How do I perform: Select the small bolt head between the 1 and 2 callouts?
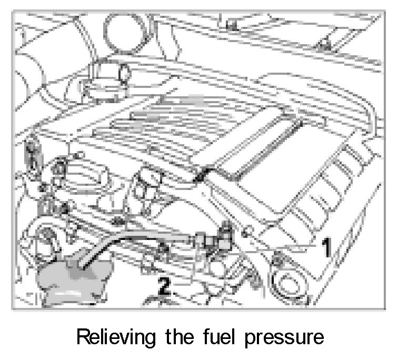click(277, 258)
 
